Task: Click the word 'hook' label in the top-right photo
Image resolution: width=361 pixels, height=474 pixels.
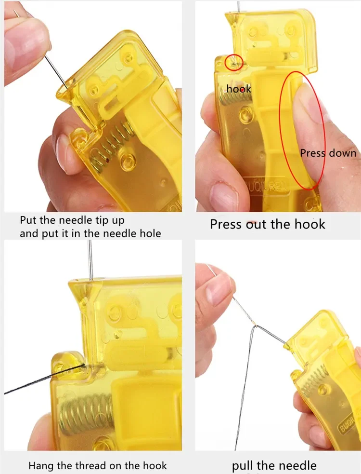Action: (x=239, y=89)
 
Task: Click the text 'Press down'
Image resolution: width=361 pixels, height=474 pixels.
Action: (x=328, y=153)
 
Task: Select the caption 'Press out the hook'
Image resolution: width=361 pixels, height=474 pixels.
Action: (x=268, y=224)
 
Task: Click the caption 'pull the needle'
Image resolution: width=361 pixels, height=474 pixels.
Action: (x=274, y=465)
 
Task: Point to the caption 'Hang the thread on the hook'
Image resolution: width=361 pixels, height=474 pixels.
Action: (x=98, y=465)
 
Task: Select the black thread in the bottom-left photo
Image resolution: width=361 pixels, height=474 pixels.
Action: (x=45, y=379)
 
